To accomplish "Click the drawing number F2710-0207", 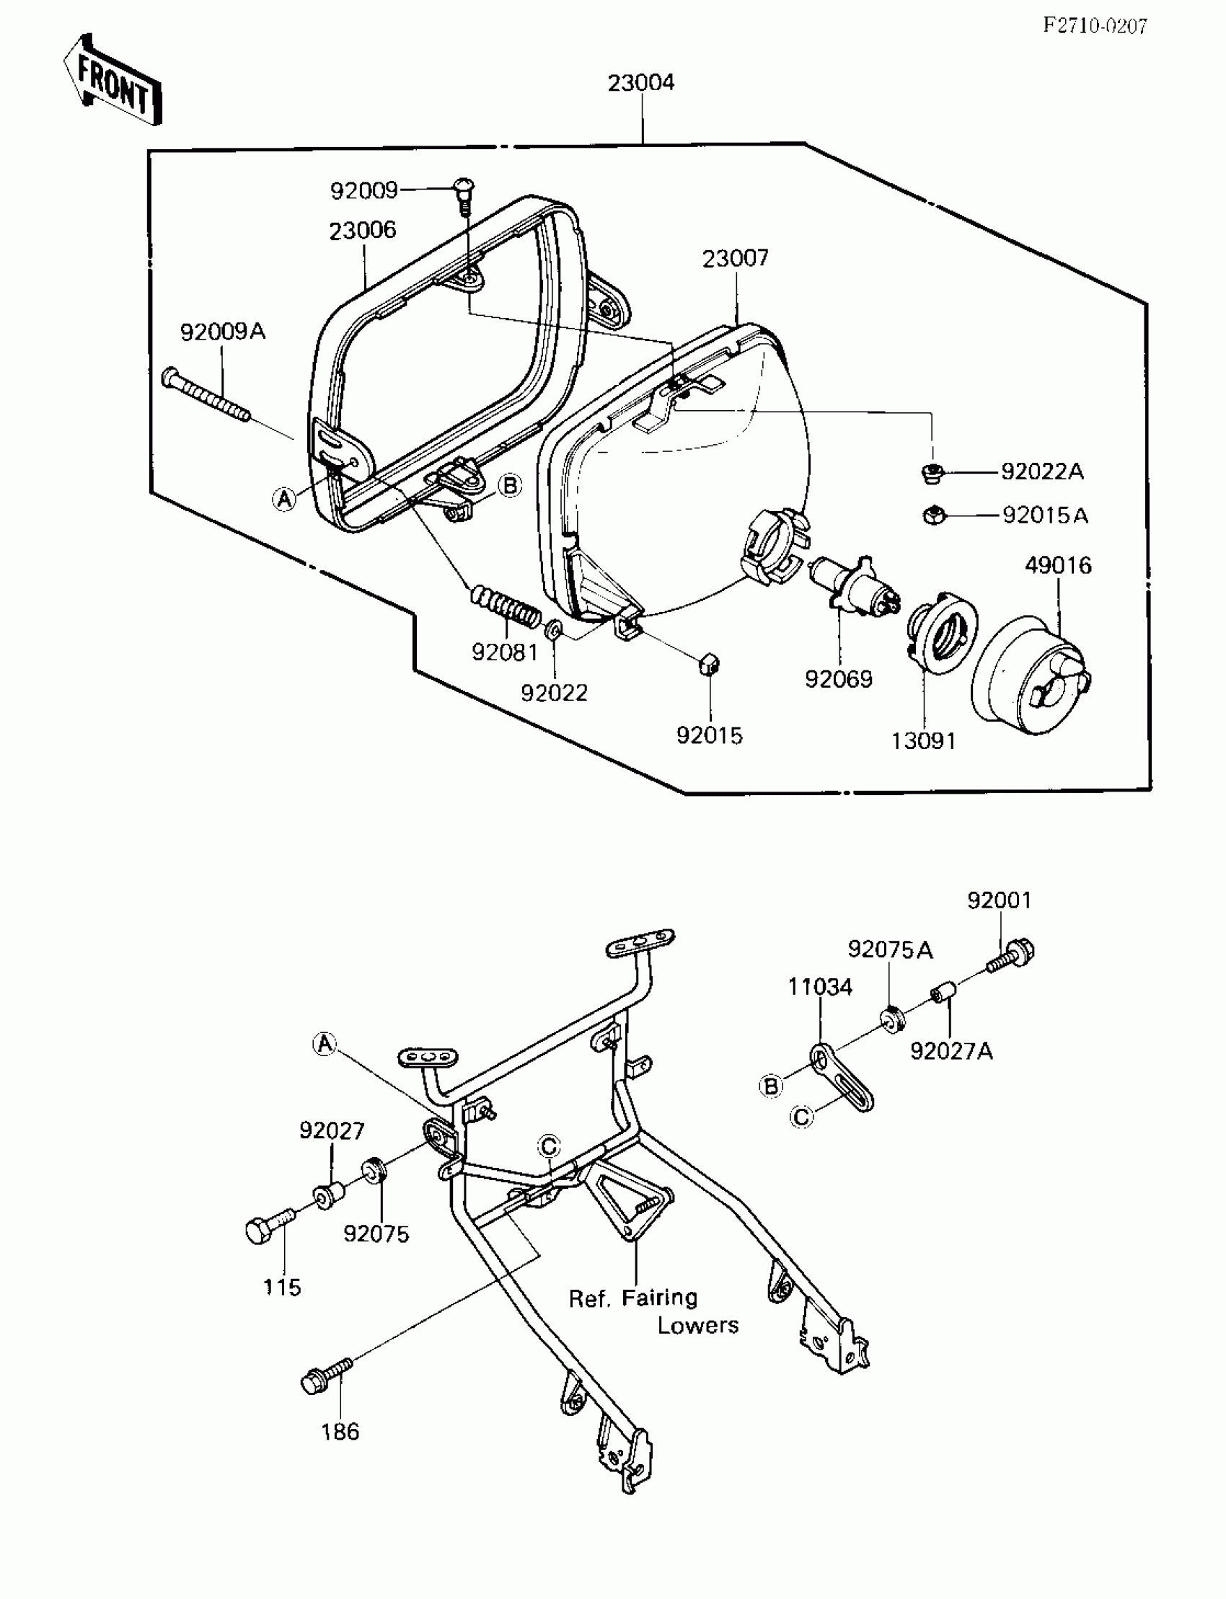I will pos(1095,27).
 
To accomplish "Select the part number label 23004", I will pos(640,83).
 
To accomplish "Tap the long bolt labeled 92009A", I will pos(206,396).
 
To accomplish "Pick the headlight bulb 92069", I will pos(855,583).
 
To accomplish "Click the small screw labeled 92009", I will pos(466,192).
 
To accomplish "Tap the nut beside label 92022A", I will pos(932,473).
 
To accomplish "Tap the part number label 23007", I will pos(735,258).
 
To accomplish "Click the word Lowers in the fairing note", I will pos(697,1326).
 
